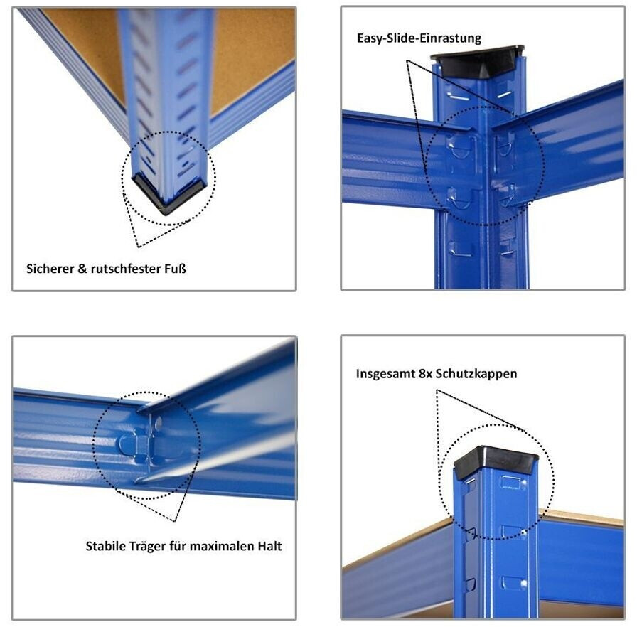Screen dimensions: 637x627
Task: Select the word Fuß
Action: coord(175,269)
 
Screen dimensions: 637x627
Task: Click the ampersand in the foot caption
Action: coord(82,269)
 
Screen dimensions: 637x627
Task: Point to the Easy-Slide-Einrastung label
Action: coord(419,38)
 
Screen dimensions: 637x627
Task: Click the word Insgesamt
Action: coord(385,374)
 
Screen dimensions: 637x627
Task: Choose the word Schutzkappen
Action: coord(476,374)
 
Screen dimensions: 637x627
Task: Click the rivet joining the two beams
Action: coord(158,423)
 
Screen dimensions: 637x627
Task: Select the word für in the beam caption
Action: coord(178,546)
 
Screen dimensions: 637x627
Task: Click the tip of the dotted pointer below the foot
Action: coord(138,247)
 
